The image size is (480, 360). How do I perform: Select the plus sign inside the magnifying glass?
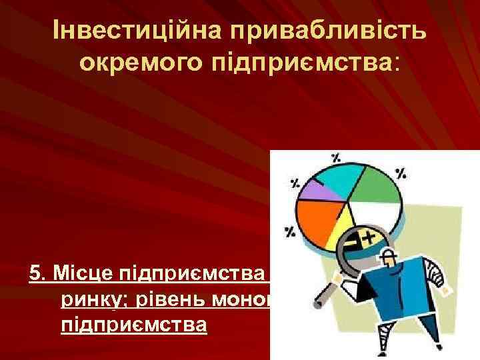tap(365, 235)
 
